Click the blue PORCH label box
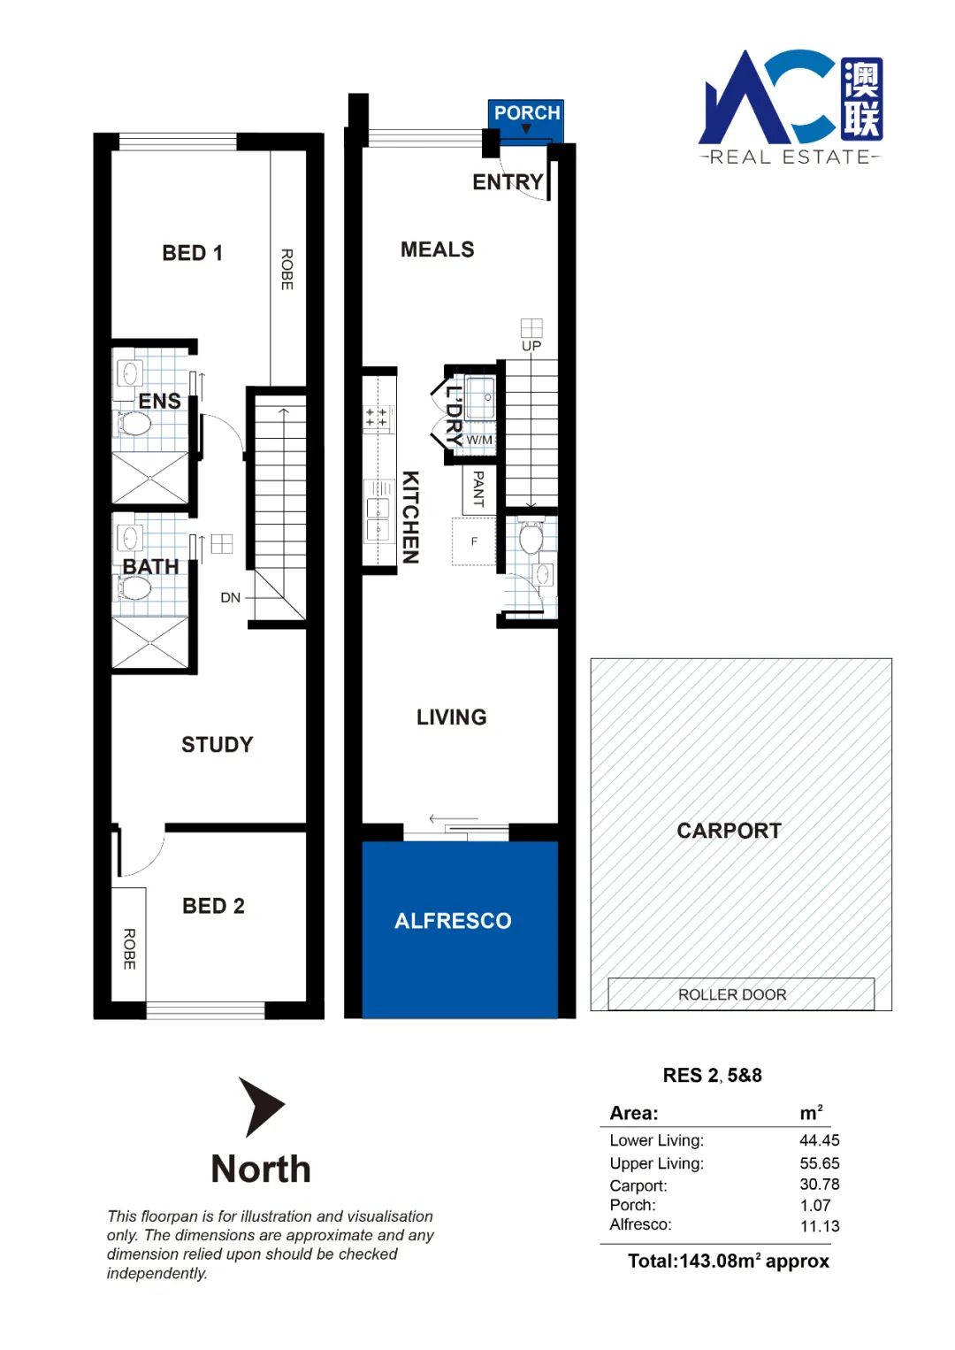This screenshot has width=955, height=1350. [526, 120]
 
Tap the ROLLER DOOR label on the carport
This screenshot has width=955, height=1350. [732, 994]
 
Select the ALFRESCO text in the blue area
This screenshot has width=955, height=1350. [453, 921]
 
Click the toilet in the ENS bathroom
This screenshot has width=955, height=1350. [134, 424]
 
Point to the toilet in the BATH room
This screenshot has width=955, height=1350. [134, 587]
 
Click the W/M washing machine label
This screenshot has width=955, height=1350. [479, 440]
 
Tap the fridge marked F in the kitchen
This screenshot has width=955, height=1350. [474, 541]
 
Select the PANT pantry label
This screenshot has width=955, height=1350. [478, 488]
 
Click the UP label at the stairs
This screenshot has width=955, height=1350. [531, 346]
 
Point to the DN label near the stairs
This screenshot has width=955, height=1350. [230, 597]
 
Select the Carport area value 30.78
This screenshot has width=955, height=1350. [820, 1185]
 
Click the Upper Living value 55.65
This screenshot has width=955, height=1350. [820, 1163]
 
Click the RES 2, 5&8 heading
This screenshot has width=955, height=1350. [712, 1075]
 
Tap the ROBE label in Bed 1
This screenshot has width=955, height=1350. [287, 270]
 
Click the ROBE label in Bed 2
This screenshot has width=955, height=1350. [129, 949]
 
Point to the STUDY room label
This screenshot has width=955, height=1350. [217, 745]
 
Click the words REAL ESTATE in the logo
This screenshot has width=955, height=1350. [791, 157]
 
